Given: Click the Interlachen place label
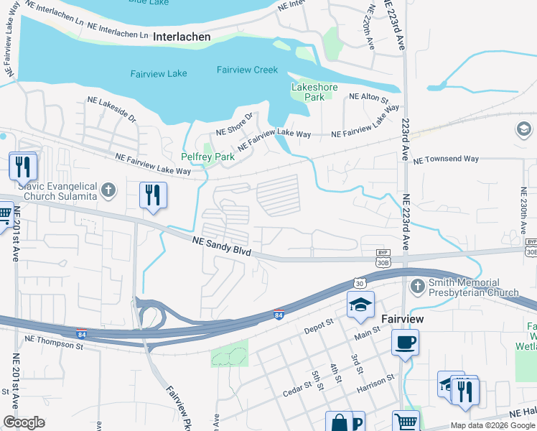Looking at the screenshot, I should pyautogui.click(x=182, y=36).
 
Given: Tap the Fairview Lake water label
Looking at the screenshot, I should pyautogui.click(x=159, y=73).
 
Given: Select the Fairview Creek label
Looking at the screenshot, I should pyautogui.click(x=247, y=70).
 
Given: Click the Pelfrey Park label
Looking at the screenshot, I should pyautogui.click(x=207, y=156).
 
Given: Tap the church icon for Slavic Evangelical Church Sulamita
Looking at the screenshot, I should pyautogui.click(x=108, y=190).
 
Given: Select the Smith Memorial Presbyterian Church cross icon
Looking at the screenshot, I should pyautogui.click(x=418, y=287).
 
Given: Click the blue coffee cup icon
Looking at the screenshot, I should pyautogui.click(x=406, y=341).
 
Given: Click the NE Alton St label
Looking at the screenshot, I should pyautogui.click(x=368, y=97).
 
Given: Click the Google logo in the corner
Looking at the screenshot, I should pyautogui.click(x=23, y=422).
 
